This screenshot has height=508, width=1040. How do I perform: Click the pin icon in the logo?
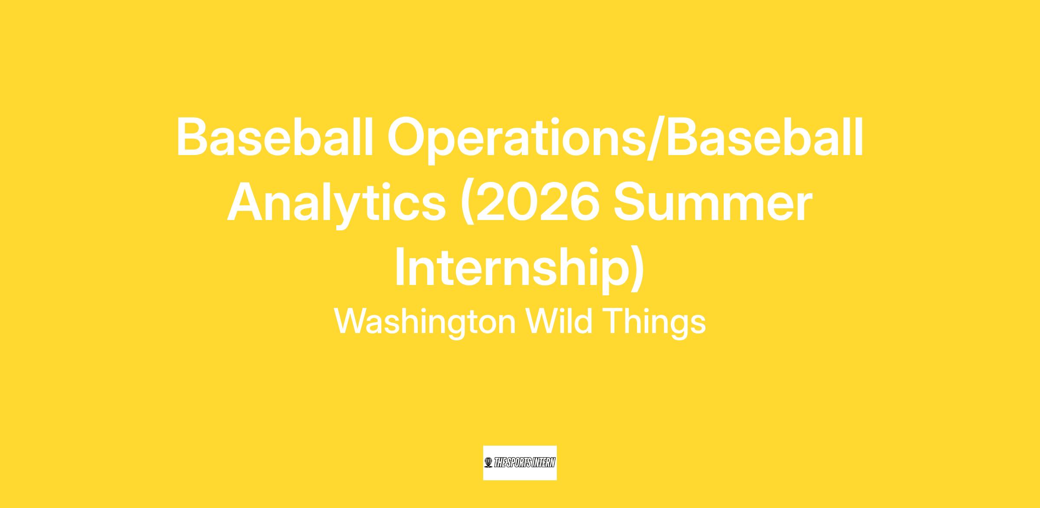click(488, 463)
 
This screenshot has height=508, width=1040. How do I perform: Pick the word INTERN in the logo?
click(543, 463)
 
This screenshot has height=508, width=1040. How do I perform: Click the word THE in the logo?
click(499, 463)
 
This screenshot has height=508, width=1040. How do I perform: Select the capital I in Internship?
click(399, 267)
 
